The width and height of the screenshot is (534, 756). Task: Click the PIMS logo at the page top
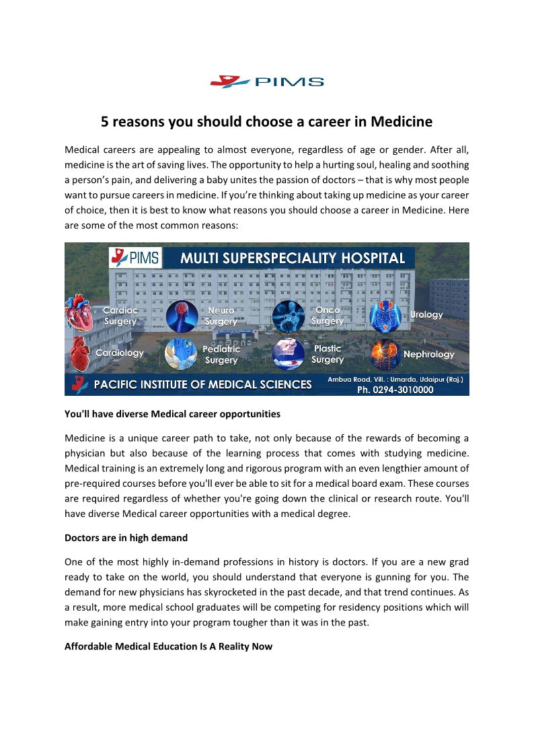pos(267,82)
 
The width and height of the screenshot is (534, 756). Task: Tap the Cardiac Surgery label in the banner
pos(120,316)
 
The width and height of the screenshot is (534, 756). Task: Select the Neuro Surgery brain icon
pos(182,316)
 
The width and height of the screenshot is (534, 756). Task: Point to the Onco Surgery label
pos(328,316)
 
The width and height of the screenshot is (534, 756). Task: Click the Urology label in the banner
pos(426,314)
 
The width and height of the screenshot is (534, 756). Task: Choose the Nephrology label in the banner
pos(428,354)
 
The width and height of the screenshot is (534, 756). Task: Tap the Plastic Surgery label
pos(328,354)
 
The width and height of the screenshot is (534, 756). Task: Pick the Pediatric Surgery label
pos(221,355)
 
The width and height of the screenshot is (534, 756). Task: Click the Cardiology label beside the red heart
pos(120,353)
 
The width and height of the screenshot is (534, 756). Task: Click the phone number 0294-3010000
pos(395,389)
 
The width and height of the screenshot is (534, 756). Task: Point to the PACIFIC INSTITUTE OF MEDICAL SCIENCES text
pos(202,385)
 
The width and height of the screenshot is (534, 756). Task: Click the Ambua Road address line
pos(395,380)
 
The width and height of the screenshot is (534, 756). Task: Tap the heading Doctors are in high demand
pos(126,539)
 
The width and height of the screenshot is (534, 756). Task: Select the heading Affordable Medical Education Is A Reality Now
pos(168,647)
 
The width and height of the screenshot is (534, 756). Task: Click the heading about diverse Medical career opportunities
pos(172,413)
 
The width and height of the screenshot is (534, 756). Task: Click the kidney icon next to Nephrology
pos(385,354)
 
